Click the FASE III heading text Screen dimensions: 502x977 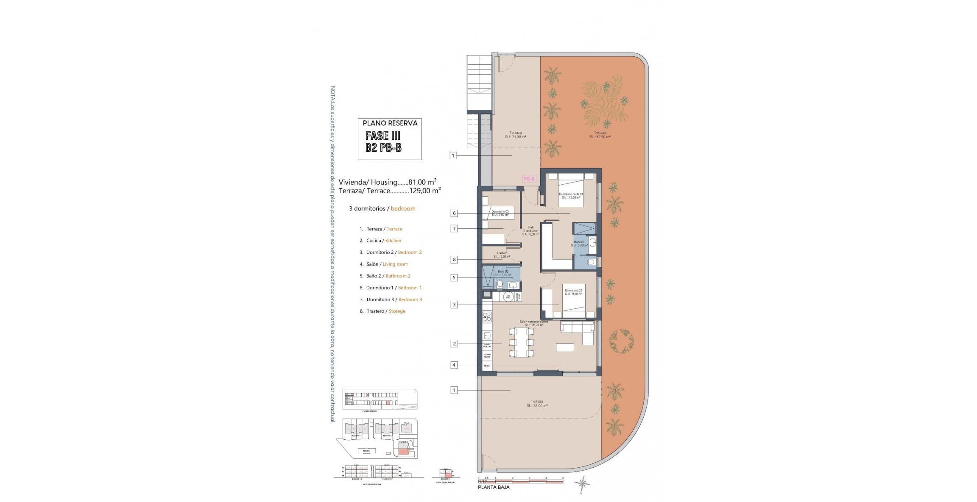tap(383, 136)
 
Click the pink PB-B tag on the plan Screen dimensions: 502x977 tap(529, 179)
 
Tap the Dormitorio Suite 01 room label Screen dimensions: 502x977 tap(571, 196)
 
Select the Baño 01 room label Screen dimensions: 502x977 tap(579, 244)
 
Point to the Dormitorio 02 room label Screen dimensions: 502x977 tap(573, 292)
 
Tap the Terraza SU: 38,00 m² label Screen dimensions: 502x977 tap(537, 403)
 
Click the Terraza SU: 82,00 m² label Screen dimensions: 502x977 tap(600, 135)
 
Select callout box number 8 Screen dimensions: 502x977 tap(454, 260)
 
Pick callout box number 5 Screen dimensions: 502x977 tap(454, 278)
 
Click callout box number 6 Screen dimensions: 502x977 tap(454, 214)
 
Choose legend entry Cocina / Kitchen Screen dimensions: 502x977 tap(380, 241)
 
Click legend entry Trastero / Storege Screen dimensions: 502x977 tap(382, 311)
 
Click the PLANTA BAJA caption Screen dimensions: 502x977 tap(494, 488)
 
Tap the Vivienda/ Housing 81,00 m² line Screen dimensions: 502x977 tap(388, 182)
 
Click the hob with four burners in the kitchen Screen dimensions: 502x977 tap(487, 316)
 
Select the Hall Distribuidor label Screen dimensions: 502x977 tap(530, 231)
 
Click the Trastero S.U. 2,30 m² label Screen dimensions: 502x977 tap(502, 255)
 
